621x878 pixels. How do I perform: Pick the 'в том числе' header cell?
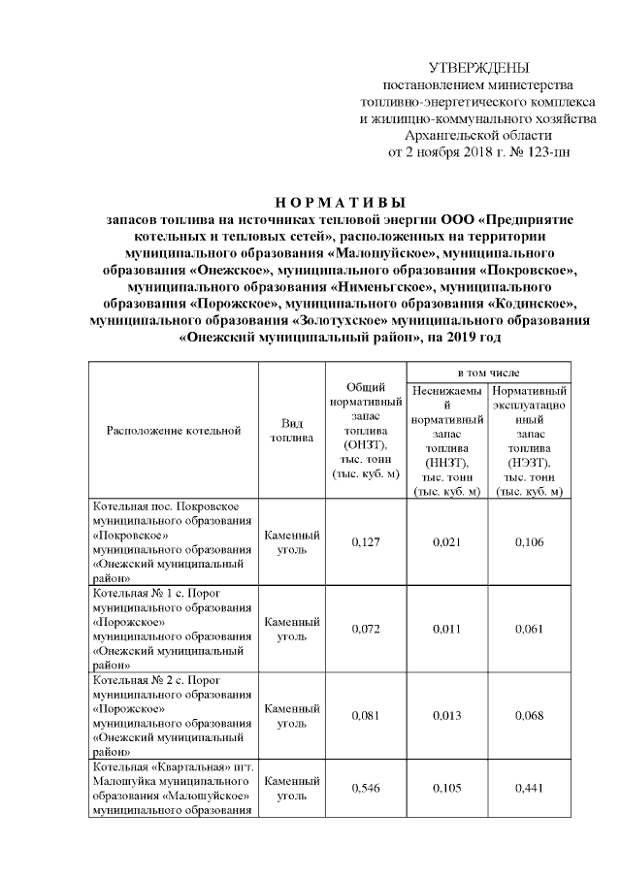[488, 373]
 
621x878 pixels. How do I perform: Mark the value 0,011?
[447, 630]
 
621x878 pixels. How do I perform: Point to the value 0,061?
[529, 630]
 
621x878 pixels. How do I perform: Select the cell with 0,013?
[447, 717]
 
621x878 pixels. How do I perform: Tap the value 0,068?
[529, 717]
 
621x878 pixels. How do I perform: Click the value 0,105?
[447, 788]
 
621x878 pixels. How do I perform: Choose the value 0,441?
[529, 788]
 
